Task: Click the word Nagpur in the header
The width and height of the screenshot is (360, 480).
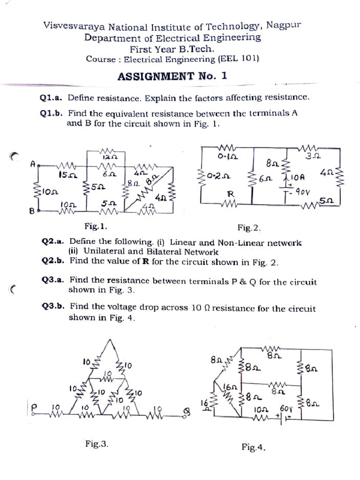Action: [284, 25]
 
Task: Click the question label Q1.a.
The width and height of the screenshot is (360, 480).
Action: [52, 98]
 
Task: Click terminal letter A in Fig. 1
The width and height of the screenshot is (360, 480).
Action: [32, 164]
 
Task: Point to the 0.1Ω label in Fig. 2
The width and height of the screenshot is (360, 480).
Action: [226, 156]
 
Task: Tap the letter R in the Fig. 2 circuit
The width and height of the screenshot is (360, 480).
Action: [230, 193]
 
